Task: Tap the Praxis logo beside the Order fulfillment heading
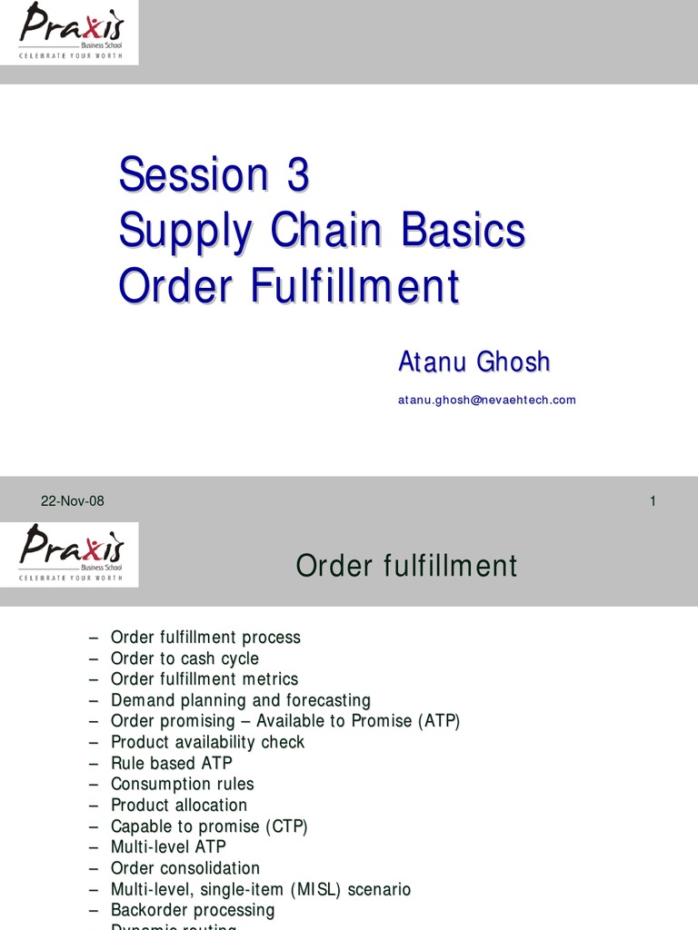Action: click(70, 554)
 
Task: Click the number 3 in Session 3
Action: click(297, 175)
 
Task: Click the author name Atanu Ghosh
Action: click(474, 361)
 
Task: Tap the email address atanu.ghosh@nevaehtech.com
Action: click(486, 400)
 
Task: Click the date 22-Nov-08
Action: click(73, 501)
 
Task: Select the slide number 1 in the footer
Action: click(653, 501)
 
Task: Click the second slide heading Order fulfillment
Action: click(406, 567)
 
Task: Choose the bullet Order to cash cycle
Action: click(184, 658)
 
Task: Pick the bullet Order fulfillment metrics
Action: click(204, 679)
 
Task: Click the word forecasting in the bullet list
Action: click(328, 700)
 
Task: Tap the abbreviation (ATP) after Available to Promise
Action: click(439, 721)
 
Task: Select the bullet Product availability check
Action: click(207, 742)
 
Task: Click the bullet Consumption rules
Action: click(182, 784)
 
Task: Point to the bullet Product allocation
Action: click(178, 805)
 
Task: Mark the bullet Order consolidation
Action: click(184, 868)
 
